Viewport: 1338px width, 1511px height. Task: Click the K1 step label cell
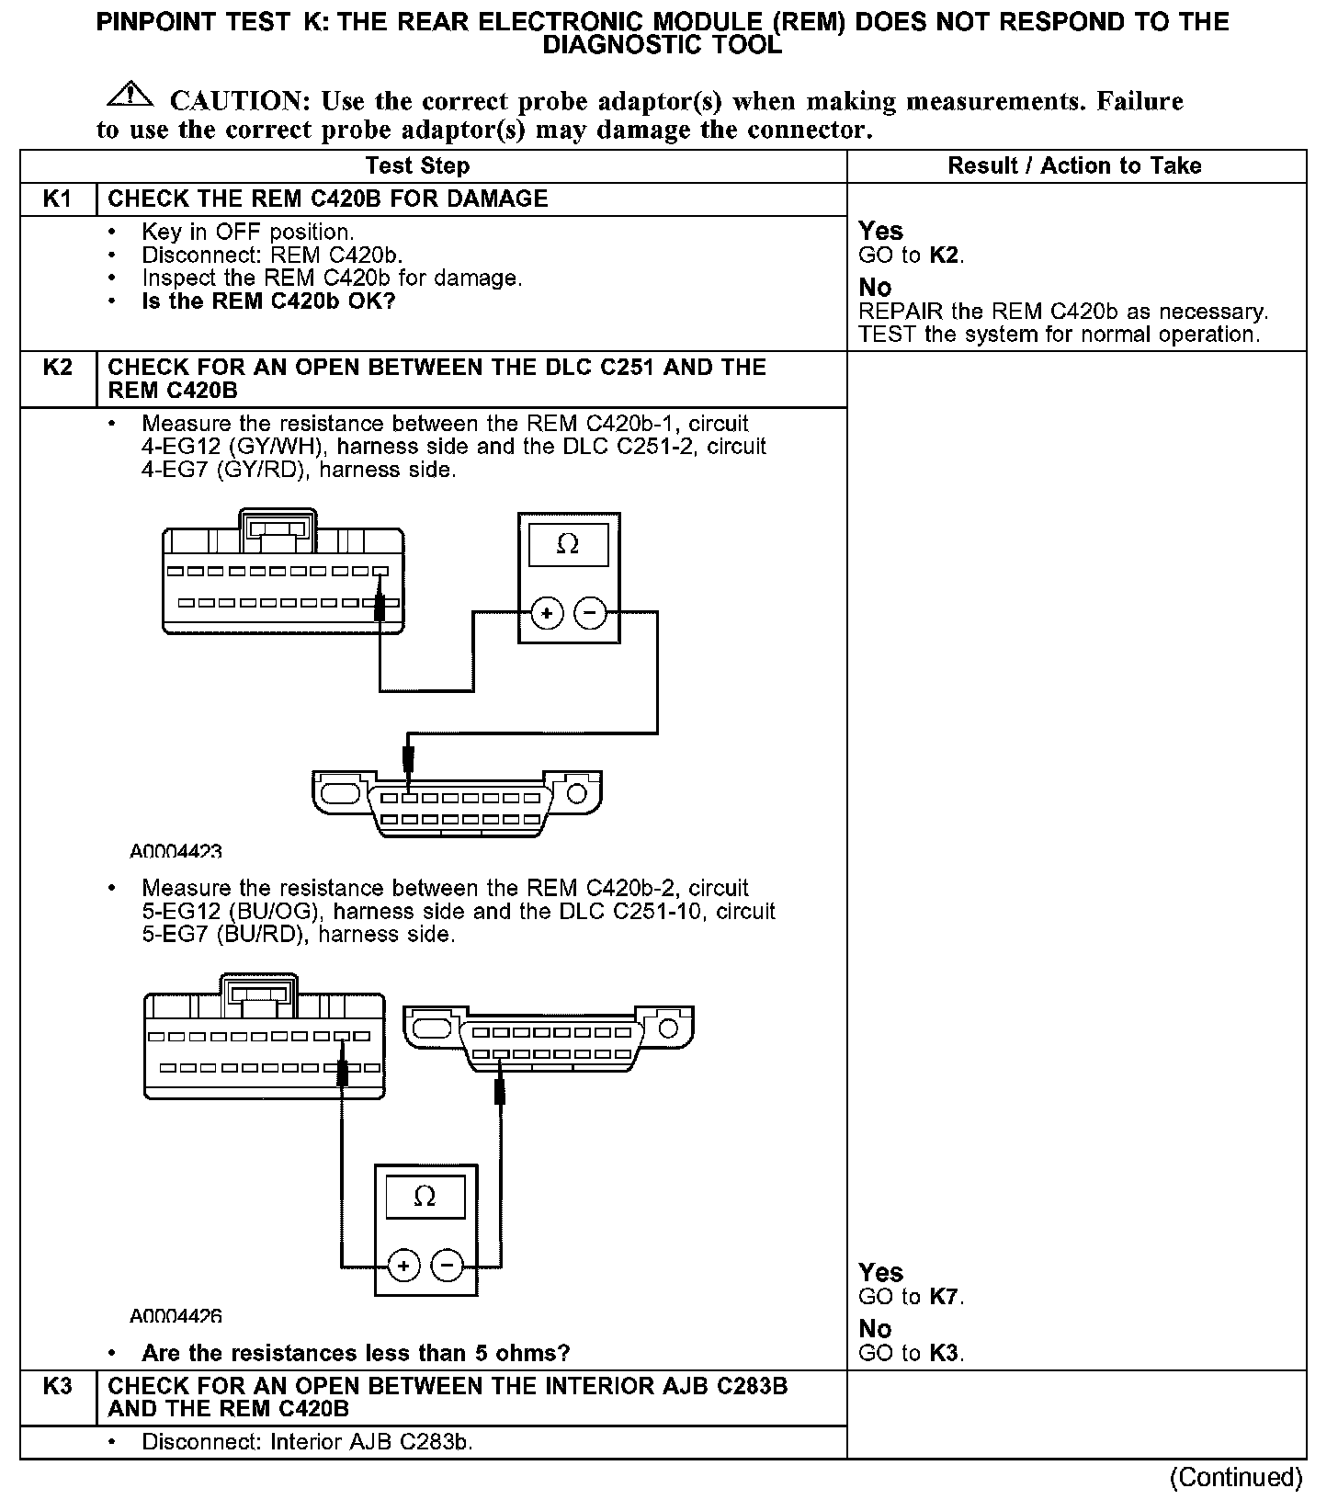click(x=58, y=199)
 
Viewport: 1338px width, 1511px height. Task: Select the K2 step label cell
click(x=58, y=368)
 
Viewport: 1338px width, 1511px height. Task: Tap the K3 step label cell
click(x=58, y=1386)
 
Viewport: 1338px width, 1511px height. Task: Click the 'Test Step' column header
click(x=417, y=166)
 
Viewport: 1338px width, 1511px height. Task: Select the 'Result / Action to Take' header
click(x=1074, y=166)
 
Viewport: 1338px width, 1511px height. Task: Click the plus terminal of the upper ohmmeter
click(x=547, y=613)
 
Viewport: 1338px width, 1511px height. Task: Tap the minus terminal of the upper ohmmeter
click(x=591, y=613)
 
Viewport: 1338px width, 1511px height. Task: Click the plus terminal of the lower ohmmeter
click(x=403, y=1266)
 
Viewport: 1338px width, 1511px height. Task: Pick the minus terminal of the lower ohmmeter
click(x=448, y=1266)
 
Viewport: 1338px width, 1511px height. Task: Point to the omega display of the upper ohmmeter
click(x=568, y=545)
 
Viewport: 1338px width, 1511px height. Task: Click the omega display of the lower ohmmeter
click(x=425, y=1197)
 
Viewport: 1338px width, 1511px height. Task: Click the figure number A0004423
click(x=176, y=852)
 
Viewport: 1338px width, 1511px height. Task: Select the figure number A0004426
click(x=176, y=1316)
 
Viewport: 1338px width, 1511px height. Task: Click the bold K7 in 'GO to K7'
click(x=944, y=1297)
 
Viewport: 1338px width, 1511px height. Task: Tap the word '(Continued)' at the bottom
click(x=1236, y=1477)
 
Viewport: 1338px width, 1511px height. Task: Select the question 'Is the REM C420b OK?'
click(x=268, y=301)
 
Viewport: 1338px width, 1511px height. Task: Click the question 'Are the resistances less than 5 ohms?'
click(x=356, y=1353)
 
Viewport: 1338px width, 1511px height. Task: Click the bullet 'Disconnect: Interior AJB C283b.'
click(x=307, y=1442)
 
